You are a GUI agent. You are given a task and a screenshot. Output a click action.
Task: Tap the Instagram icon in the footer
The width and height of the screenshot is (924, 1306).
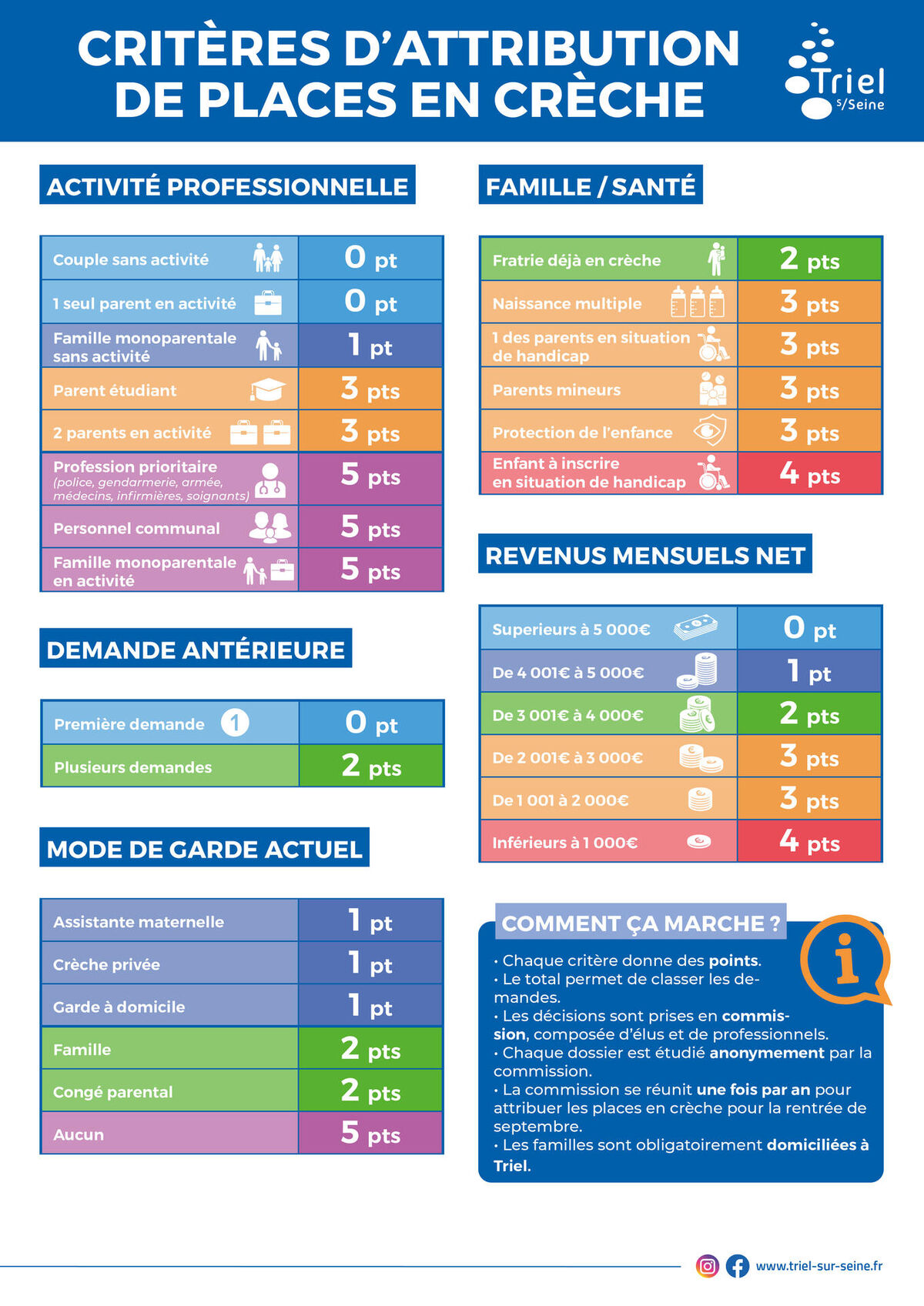(x=707, y=1266)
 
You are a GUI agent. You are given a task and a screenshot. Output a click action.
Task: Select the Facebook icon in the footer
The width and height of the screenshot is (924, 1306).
(x=737, y=1266)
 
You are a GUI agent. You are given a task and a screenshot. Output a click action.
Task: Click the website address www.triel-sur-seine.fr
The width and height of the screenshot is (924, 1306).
(x=819, y=1266)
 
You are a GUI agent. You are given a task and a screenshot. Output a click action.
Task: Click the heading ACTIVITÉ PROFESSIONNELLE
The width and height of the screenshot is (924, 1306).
(x=227, y=185)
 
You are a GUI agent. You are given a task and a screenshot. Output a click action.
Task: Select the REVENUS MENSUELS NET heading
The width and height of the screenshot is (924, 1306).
(x=645, y=555)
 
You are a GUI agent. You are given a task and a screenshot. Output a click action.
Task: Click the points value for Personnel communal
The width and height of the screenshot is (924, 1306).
(x=370, y=528)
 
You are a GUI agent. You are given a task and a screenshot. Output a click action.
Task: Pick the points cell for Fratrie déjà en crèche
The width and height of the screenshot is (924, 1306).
(x=809, y=260)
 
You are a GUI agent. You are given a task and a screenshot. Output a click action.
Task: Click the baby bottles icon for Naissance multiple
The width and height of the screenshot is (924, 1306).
(x=697, y=302)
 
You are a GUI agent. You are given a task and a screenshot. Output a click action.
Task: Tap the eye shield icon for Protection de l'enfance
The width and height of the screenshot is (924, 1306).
(x=709, y=432)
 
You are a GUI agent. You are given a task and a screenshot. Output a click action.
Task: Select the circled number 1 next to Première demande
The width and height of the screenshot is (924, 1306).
(x=235, y=723)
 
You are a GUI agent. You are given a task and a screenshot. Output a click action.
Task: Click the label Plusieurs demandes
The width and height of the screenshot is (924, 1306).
(x=132, y=767)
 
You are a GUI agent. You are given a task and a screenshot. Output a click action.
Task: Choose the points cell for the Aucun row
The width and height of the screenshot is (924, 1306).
(x=370, y=1134)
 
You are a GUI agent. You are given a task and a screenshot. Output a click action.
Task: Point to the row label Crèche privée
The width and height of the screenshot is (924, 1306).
(x=106, y=964)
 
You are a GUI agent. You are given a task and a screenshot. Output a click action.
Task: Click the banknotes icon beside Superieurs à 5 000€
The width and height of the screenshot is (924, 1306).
(x=695, y=627)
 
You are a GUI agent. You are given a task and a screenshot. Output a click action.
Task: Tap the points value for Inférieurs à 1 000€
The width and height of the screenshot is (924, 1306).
(x=809, y=842)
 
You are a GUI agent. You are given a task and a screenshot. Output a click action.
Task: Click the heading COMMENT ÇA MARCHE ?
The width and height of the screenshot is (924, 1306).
(x=641, y=923)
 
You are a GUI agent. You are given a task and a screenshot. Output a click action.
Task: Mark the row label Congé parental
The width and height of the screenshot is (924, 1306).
(x=112, y=1092)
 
